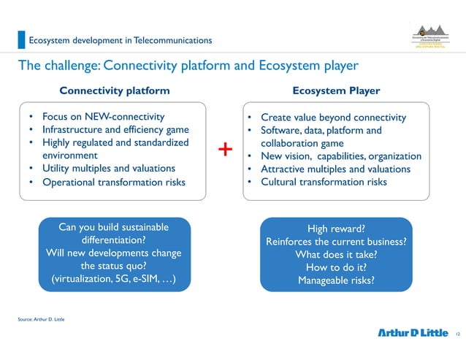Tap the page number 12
pyautogui.click(x=457, y=334)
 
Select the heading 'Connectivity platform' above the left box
pyautogui.click(x=115, y=91)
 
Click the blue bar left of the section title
pyautogui.click(x=21, y=39)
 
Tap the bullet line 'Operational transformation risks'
pyautogui.click(x=113, y=182)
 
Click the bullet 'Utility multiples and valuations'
pyautogui.click(x=108, y=169)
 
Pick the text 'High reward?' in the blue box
pyautogui.click(x=336, y=228)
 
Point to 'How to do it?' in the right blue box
pyautogui.click(x=336, y=267)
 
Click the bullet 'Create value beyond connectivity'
pyautogui.click(x=333, y=117)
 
